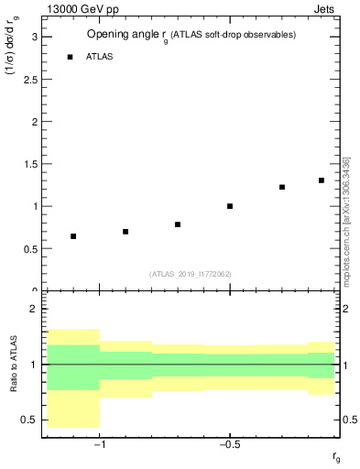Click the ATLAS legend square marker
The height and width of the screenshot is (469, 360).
(x=70, y=57)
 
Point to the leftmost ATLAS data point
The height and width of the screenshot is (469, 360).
(x=73, y=236)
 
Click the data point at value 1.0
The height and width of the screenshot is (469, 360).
(x=230, y=206)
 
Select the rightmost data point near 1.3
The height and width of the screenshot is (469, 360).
(x=322, y=180)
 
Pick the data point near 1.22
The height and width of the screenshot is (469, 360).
(x=282, y=187)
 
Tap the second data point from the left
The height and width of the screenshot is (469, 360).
(x=125, y=232)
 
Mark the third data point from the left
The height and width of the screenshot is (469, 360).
(x=178, y=224)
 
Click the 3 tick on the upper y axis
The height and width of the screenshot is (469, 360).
(x=34, y=37)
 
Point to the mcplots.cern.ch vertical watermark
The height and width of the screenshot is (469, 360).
(x=345, y=220)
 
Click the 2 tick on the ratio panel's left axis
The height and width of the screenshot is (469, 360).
(x=34, y=310)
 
